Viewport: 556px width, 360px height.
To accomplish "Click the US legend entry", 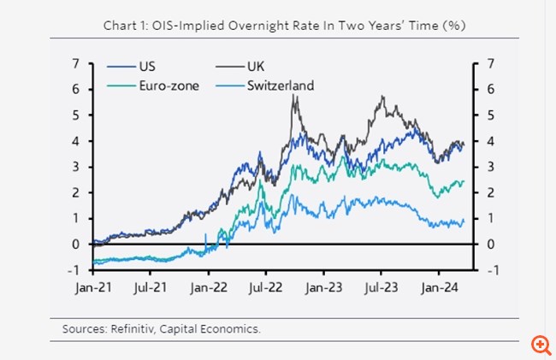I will pyautogui.click(x=145, y=66).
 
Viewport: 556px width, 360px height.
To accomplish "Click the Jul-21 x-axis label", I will pyautogui.click(x=150, y=287).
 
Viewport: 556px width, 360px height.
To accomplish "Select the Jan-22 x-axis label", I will pyautogui.click(x=208, y=287).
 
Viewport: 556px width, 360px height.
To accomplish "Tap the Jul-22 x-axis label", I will pyautogui.click(x=265, y=287).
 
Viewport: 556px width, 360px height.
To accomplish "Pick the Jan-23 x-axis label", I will pyautogui.click(x=323, y=287).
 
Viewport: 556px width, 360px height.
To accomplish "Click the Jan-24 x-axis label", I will pyautogui.click(x=439, y=287).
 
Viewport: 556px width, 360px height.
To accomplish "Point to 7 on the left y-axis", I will pyautogui.click(x=76, y=63).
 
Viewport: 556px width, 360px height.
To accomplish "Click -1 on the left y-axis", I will pyautogui.click(x=74, y=269).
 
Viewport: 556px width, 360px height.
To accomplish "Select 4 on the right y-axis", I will pyautogui.click(x=489, y=140).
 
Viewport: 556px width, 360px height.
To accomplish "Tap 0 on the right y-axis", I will pyautogui.click(x=489, y=244).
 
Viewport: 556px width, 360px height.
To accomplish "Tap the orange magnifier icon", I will pyautogui.click(x=540, y=344).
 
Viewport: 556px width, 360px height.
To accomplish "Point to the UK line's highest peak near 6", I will pyautogui.click(x=294, y=96).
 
